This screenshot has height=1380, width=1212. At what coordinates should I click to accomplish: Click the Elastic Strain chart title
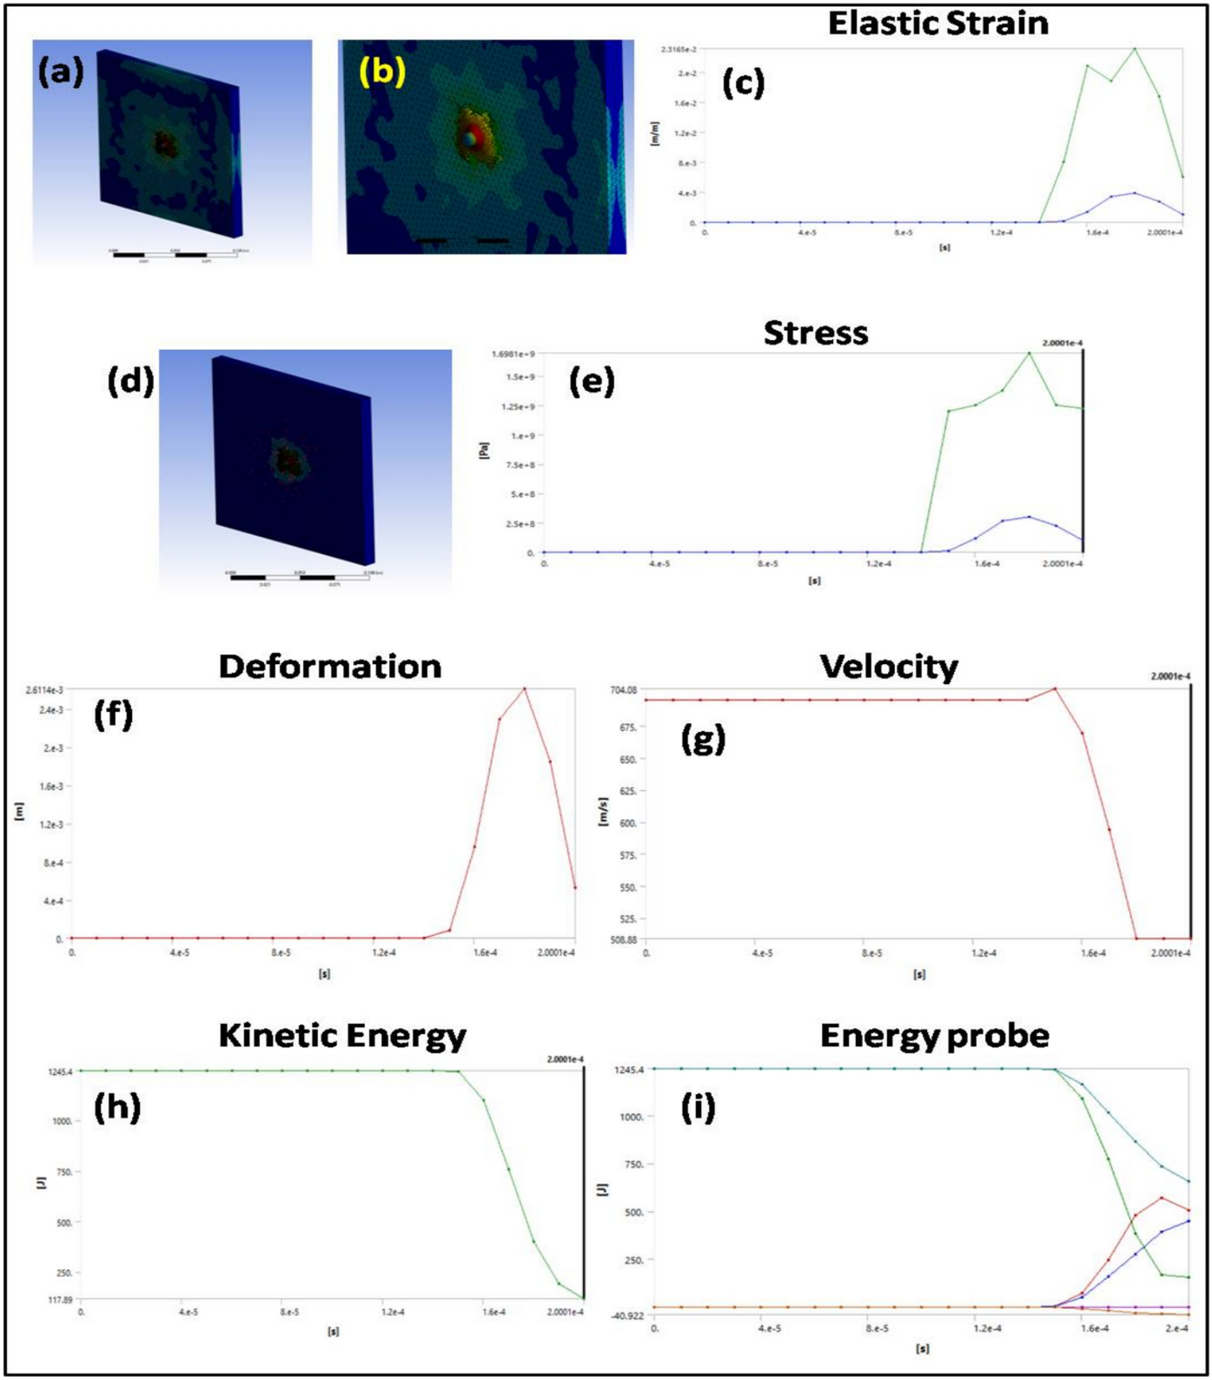[937, 23]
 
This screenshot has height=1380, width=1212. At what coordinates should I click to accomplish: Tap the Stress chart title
[815, 333]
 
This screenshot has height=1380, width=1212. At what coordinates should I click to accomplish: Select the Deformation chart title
[330, 667]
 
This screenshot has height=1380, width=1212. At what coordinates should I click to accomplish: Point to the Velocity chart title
[889, 667]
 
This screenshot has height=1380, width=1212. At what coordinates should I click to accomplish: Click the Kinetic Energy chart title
[342, 1035]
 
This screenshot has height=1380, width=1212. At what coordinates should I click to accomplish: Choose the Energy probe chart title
[934, 1035]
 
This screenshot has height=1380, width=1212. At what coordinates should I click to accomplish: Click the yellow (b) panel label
[382, 71]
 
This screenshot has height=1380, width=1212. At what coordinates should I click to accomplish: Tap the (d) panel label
[130, 380]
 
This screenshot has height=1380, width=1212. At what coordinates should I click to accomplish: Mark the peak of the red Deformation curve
[524, 689]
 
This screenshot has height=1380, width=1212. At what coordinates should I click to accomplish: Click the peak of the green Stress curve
[1030, 353]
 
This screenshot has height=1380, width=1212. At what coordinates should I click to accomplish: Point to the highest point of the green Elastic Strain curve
[1135, 49]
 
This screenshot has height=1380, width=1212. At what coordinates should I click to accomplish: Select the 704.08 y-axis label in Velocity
[623, 690]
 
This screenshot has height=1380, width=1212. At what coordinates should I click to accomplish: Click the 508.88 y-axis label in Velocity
[623, 939]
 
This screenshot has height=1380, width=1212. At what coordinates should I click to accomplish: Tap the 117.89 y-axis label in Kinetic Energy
[59, 1300]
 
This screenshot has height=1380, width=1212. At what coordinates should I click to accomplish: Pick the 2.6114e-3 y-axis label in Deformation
[44, 690]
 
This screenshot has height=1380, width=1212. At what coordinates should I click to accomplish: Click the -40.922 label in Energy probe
[627, 1316]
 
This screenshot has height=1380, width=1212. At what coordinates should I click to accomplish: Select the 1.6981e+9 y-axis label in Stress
[513, 354]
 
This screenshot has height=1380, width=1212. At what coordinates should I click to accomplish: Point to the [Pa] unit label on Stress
[484, 449]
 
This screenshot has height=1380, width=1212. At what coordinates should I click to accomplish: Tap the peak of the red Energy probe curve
[1162, 1198]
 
